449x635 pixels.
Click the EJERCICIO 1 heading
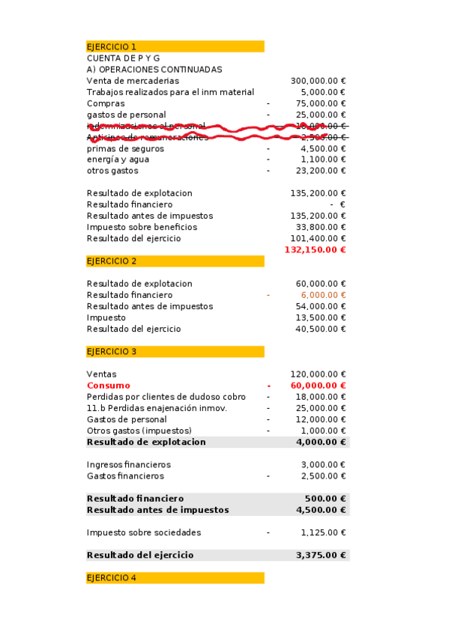coord(112,46)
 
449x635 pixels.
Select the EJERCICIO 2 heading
coord(112,261)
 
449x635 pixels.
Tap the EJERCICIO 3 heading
coord(112,351)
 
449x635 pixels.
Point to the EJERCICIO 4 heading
coord(112,578)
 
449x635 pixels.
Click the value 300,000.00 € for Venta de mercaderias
coord(318,81)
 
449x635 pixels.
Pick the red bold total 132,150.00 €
coord(315,249)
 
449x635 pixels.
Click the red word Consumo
coord(108,386)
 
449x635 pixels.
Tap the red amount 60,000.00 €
coord(320,386)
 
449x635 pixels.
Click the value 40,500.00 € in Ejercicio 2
coord(320,329)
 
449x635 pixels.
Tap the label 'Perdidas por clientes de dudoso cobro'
coord(166,397)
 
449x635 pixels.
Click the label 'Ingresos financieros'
coord(129,465)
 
